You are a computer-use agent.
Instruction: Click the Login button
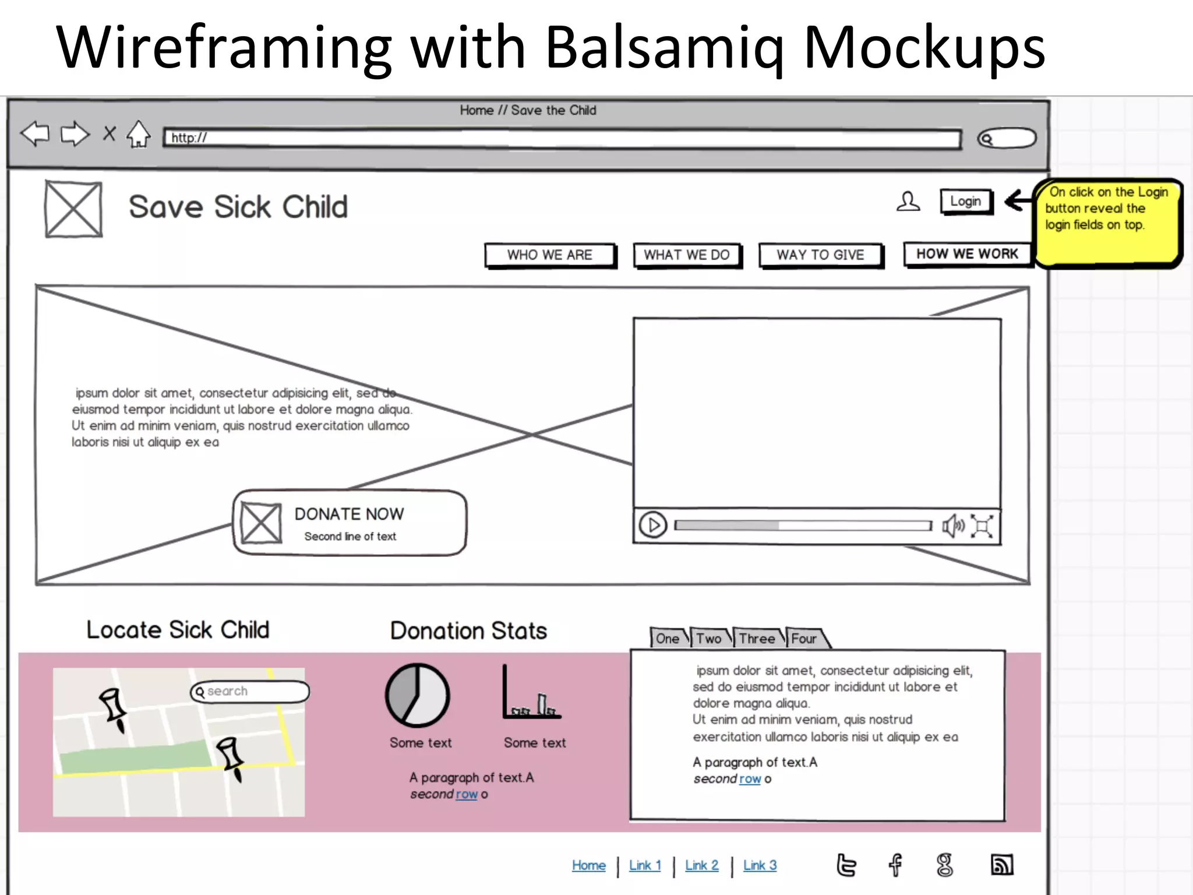pos(966,202)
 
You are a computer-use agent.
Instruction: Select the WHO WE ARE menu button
pos(549,255)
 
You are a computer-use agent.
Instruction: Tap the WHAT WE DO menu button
pos(687,255)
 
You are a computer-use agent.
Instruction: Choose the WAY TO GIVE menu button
pos(820,255)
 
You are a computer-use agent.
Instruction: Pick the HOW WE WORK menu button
pos(967,254)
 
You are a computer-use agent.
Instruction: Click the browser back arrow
pos(35,134)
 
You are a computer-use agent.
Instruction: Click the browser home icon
pos(139,134)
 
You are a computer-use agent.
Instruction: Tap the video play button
pos(653,526)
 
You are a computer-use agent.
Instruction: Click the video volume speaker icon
pos(953,526)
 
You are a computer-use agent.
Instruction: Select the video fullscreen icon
pos(983,527)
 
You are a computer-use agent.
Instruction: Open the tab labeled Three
pos(757,639)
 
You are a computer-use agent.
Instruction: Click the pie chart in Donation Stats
pos(418,695)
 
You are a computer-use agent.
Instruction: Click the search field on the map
pos(250,692)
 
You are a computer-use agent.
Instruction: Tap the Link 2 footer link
pos(701,865)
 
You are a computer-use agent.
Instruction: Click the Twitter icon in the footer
pos(846,865)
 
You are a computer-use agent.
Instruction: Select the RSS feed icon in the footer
pos(1002,865)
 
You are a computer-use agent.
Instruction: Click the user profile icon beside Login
pos(908,202)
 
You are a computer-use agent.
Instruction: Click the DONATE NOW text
pos(349,514)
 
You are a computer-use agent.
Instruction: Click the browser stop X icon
pos(109,134)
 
